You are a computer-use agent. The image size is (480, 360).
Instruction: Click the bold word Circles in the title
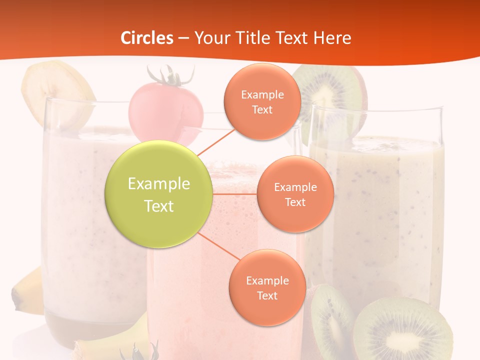click(x=147, y=38)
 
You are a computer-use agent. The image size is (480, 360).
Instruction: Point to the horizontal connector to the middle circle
click(x=235, y=193)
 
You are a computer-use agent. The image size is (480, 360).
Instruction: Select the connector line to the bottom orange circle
click(x=216, y=245)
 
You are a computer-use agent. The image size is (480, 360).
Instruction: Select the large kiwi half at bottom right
click(x=400, y=330)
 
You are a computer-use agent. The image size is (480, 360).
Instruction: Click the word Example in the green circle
click(x=158, y=183)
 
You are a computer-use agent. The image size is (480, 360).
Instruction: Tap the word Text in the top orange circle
click(x=262, y=110)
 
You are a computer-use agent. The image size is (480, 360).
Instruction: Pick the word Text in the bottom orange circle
click(x=267, y=295)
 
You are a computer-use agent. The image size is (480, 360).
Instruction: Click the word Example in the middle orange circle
click(x=295, y=187)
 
